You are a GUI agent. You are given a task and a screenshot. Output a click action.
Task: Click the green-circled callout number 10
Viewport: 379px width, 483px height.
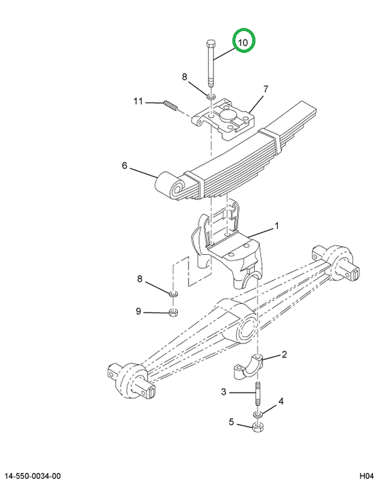point(243,42)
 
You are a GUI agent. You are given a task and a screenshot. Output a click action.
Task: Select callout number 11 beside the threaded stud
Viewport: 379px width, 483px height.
point(138,101)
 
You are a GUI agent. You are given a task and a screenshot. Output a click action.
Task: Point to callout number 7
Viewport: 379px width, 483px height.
point(266,89)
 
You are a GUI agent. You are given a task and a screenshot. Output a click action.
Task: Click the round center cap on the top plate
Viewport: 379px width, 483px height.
point(227,117)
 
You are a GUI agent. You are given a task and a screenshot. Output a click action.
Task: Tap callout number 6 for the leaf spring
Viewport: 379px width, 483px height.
point(124,166)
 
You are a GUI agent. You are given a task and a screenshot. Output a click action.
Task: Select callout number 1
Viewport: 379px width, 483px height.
point(276,226)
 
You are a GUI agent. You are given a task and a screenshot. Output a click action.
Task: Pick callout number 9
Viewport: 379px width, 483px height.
point(138,311)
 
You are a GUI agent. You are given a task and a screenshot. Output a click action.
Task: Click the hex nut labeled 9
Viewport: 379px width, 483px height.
point(174,313)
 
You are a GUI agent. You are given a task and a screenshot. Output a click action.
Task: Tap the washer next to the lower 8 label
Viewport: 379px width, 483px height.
point(174,293)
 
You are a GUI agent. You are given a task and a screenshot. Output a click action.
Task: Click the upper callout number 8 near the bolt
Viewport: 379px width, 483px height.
point(184,76)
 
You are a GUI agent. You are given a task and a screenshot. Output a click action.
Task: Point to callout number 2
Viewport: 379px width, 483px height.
point(284,354)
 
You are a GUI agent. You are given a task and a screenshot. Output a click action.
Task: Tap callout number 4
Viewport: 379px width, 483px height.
point(281,401)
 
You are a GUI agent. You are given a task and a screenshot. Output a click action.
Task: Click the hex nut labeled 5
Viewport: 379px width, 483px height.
point(258,427)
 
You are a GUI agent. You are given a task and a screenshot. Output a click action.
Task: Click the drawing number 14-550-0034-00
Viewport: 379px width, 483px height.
point(32,476)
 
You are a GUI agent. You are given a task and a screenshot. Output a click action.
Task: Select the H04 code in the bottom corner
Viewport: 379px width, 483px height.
point(366,476)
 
